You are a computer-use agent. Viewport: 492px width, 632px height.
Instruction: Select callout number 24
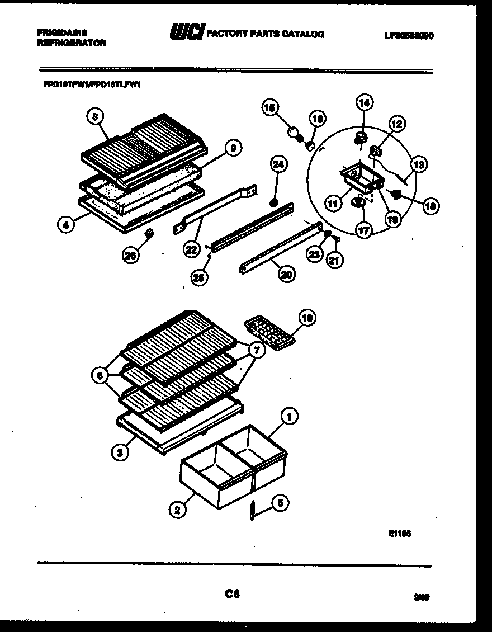tap(278, 164)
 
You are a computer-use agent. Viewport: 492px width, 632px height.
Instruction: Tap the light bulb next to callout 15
tap(293, 132)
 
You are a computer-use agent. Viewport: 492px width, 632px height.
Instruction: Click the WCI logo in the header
tap(187, 35)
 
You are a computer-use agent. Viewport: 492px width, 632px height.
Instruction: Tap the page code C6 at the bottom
tap(232, 595)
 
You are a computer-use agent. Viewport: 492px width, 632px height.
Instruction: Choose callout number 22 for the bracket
tap(192, 251)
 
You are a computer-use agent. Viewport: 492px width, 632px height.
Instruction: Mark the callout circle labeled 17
tap(363, 230)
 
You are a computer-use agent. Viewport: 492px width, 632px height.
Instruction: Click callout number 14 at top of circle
tap(364, 102)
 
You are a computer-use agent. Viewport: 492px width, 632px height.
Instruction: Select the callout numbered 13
tap(418, 164)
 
